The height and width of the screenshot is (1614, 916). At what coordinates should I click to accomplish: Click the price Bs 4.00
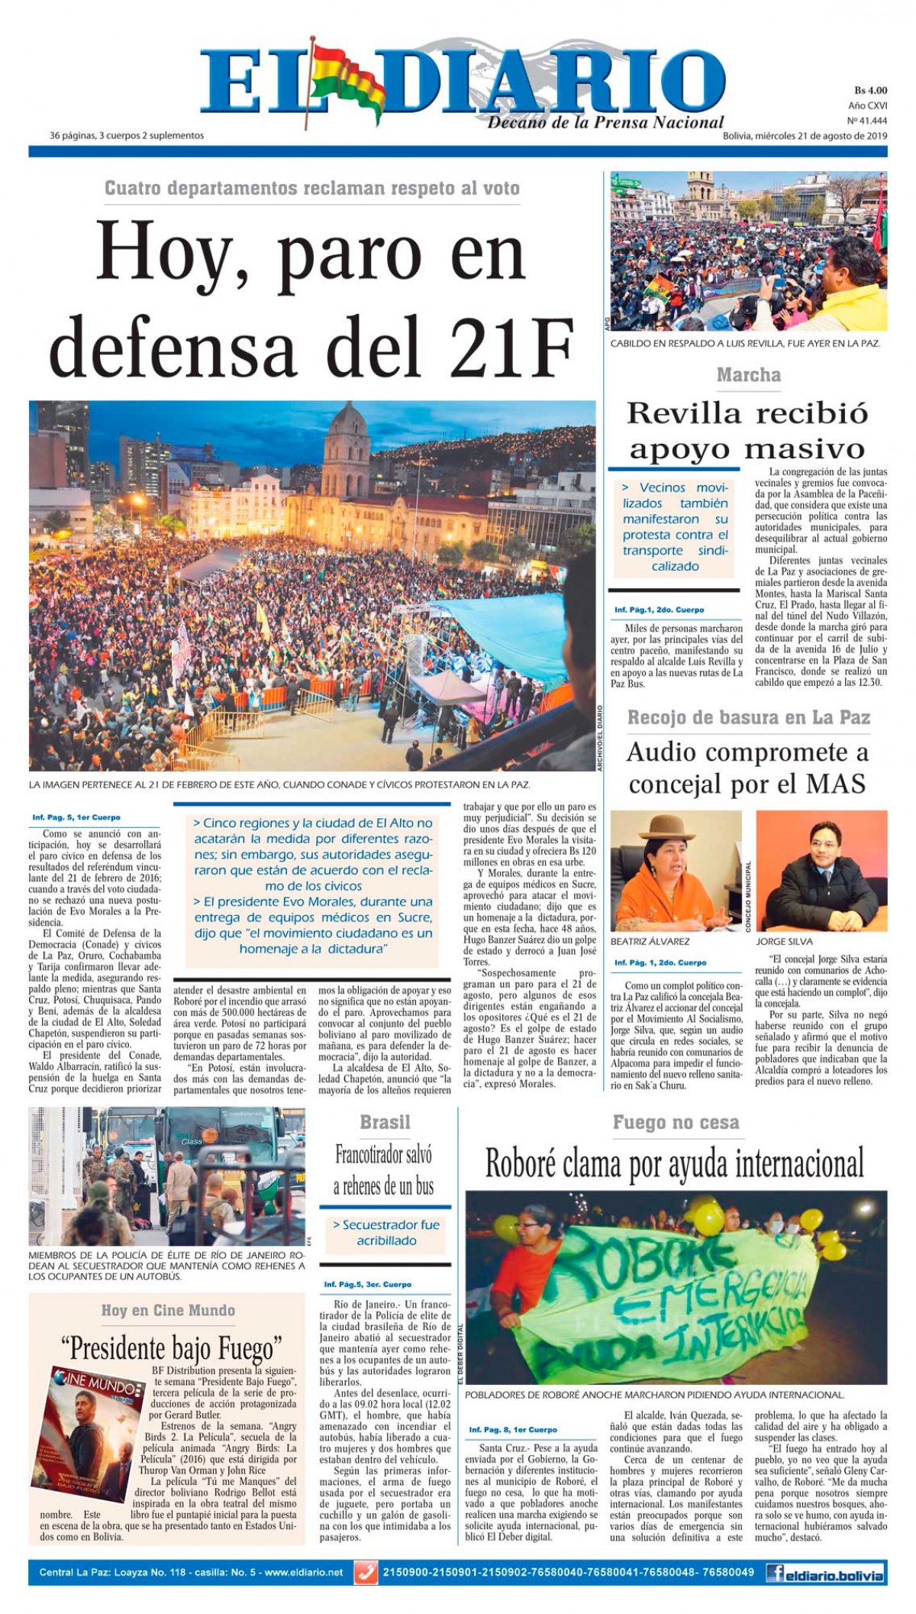point(869,90)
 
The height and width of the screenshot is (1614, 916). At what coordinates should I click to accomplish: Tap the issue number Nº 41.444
point(866,121)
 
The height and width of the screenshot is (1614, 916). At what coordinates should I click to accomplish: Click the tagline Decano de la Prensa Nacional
point(605,122)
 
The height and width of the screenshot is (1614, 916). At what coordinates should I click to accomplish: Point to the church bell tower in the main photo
point(347,451)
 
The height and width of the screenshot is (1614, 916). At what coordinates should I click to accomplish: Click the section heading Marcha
point(748,375)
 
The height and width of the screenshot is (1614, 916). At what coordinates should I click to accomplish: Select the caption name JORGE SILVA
point(783,942)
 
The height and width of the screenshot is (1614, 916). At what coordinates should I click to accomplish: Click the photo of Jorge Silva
point(821,871)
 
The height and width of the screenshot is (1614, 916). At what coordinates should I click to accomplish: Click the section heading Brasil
point(385,1122)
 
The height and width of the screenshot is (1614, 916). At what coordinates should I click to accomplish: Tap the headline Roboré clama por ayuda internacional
point(674,1164)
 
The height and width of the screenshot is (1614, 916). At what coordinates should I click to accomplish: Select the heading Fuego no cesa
point(676,1122)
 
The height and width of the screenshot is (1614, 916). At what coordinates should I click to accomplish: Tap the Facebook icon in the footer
point(778,1574)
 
